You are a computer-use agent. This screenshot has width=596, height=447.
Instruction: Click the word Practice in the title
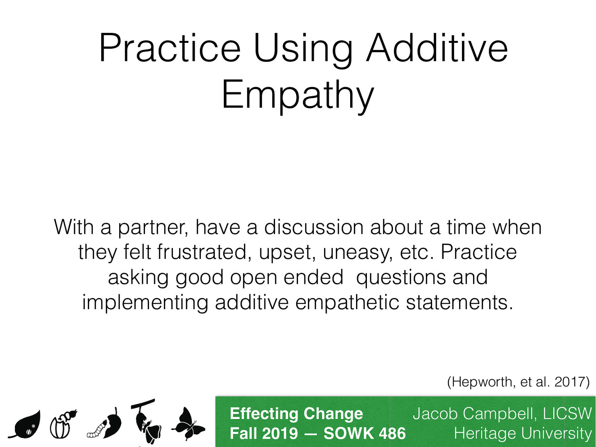tap(170, 48)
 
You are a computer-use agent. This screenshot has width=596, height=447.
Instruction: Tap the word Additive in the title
tap(437, 48)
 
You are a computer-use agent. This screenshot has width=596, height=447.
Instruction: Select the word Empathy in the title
tap(298, 95)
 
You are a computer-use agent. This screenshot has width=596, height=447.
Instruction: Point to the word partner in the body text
tap(152, 228)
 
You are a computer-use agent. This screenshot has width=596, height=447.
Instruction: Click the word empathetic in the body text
tap(347, 303)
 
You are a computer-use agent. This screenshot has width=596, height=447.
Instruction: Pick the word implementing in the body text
tap(145, 303)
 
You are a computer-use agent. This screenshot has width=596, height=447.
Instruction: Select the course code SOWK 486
tap(364, 434)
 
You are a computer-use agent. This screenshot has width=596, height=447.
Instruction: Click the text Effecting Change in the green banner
tap(296, 414)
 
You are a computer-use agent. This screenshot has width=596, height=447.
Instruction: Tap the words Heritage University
tap(523, 434)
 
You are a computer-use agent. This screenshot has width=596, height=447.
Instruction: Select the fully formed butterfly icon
tap(188, 425)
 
